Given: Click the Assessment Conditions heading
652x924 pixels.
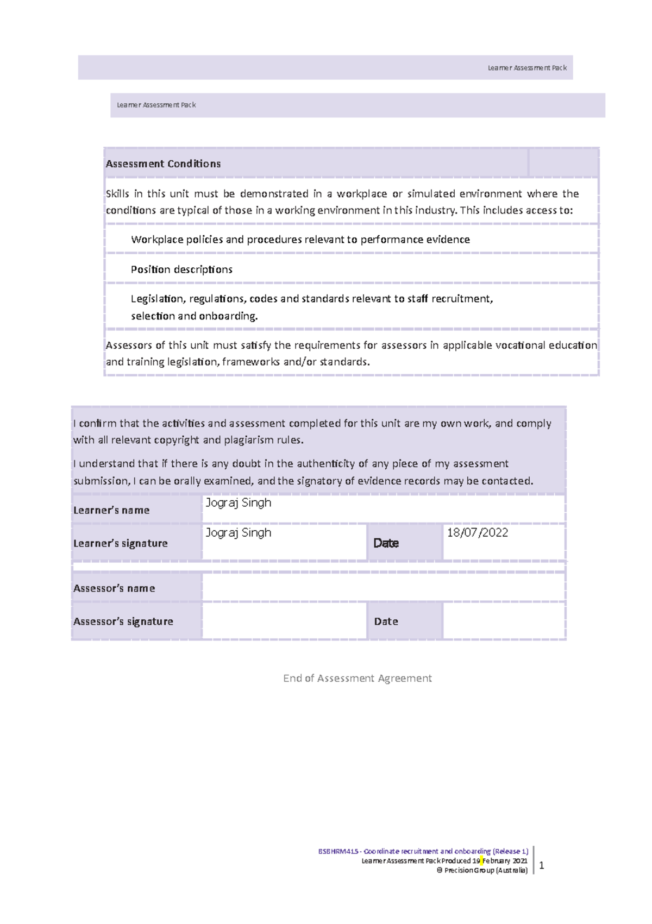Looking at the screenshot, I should pyautogui.click(x=163, y=164).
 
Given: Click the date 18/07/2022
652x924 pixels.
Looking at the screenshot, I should pyautogui.click(x=477, y=533).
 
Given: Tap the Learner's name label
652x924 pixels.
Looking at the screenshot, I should pyautogui.click(x=111, y=511).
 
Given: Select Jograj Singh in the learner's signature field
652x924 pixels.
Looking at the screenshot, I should pyautogui.click(x=238, y=533).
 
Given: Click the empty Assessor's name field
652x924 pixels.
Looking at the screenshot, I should pyautogui.click(x=383, y=588).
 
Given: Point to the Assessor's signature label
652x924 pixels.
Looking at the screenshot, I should pyautogui.click(x=123, y=621).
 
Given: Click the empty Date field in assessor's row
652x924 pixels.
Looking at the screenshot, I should pyautogui.click(x=504, y=621).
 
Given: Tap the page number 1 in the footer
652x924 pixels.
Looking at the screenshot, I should pyautogui.click(x=541, y=866).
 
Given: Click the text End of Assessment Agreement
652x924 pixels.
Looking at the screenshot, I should pyautogui.click(x=357, y=678).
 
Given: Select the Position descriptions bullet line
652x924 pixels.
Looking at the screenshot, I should pyautogui.click(x=181, y=269).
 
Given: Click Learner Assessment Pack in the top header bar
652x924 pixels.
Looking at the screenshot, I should pyautogui.click(x=526, y=68).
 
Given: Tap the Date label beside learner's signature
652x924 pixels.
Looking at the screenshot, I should pyautogui.click(x=386, y=543).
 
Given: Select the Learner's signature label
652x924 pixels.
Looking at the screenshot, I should pyautogui.click(x=121, y=544).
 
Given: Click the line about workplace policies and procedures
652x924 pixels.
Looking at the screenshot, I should pyautogui.click(x=300, y=240).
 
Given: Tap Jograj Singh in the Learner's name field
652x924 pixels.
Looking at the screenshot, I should pyautogui.click(x=238, y=503).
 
